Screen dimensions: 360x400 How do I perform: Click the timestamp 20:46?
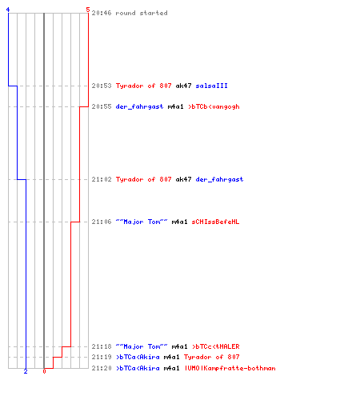click(x=102, y=13)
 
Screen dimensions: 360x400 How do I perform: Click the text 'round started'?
click(x=142, y=13)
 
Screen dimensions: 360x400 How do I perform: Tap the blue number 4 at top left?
click(x=8, y=10)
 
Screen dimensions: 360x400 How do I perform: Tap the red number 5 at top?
click(x=88, y=10)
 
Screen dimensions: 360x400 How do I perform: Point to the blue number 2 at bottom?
click(x=26, y=371)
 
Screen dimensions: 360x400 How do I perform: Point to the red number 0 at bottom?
click(x=44, y=371)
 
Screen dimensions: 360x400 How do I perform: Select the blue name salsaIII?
click(x=211, y=86)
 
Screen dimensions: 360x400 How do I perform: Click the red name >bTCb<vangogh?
click(x=214, y=106)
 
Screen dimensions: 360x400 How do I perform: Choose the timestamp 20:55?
click(x=102, y=106)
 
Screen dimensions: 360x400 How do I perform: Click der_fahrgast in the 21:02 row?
click(x=219, y=179)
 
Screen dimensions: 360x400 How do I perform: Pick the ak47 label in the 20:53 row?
click(x=183, y=86)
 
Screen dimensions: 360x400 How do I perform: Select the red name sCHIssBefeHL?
click(x=215, y=222)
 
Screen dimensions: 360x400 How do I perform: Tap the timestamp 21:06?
click(x=102, y=222)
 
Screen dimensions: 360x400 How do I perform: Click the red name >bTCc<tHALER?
click(x=216, y=346)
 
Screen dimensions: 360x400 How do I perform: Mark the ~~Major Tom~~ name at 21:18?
click(x=142, y=346)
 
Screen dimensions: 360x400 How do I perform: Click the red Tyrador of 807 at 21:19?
click(x=212, y=357)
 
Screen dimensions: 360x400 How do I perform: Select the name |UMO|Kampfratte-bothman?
click(x=230, y=368)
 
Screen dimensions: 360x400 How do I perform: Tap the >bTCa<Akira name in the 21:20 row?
click(x=138, y=368)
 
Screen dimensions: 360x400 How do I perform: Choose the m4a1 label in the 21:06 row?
click(x=179, y=222)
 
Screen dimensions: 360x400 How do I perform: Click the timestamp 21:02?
click(x=102, y=179)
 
